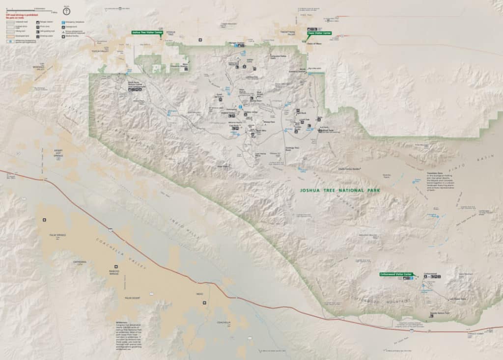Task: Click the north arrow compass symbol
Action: (x=66, y=11)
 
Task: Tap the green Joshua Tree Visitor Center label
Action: (x=146, y=33)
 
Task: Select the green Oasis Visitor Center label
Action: (x=320, y=33)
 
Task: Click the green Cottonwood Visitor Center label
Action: (x=396, y=274)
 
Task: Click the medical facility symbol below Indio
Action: (x=205, y=303)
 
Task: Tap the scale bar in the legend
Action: (x=29, y=9)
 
